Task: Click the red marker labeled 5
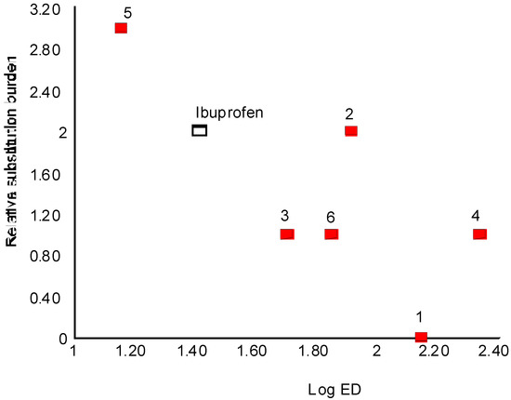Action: tap(121, 28)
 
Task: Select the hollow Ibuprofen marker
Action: tap(200, 131)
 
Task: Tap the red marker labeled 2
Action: tap(351, 131)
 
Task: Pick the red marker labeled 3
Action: tap(287, 234)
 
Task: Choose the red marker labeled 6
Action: tap(331, 234)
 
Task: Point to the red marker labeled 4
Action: tap(479, 234)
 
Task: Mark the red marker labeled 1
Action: tap(421, 337)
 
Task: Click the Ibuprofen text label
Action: tap(229, 113)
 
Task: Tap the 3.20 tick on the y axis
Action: tap(46, 9)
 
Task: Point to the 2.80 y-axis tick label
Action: tap(46, 50)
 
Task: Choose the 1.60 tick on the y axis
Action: tap(46, 174)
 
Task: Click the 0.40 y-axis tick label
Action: tap(46, 298)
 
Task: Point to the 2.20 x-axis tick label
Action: tap(431, 352)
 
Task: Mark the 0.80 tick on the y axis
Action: tap(46, 256)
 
